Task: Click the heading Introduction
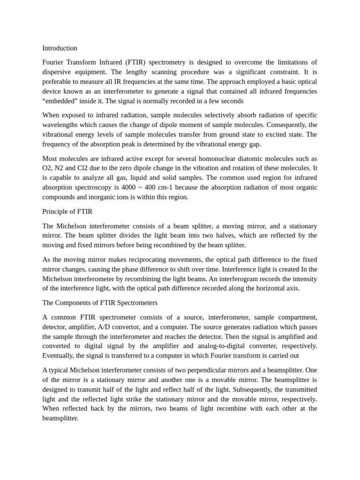pos(60,48)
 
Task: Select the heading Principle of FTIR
pos(67,211)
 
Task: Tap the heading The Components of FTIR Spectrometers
pos(100,302)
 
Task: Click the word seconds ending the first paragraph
pos(232,101)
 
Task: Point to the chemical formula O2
pos(47,168)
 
